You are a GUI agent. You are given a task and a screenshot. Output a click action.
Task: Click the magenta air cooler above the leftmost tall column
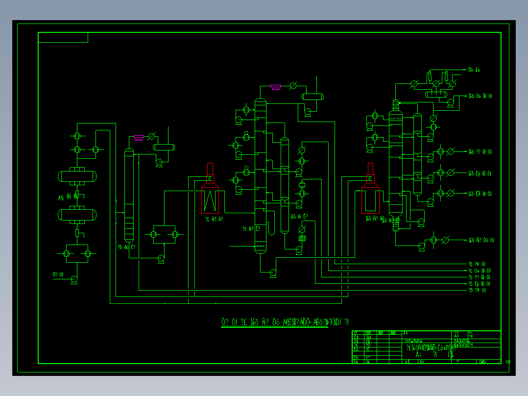(x=139, y=138)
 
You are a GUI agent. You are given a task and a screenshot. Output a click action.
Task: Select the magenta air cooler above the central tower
(x=276, y=88)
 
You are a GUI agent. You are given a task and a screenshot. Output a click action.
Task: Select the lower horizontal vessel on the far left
(x=77, y=214)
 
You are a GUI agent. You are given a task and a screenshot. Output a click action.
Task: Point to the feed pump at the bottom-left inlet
(x=74, y=279)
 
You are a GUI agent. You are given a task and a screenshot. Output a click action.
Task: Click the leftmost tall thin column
(x=129, y=196)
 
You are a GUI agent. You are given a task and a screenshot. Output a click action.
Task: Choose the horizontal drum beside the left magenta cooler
(x=164, y=147)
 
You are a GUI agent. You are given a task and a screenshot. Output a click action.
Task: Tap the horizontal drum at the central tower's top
(x=312, y=97)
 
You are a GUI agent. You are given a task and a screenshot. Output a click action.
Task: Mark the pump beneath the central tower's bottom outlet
(x=273, y=273)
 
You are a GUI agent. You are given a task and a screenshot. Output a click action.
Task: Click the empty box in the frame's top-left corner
(x=63, y=37)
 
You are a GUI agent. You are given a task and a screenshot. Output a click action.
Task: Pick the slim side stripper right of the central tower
(x=285, y=185)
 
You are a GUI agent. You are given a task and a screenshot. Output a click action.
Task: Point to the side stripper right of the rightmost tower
(x=417, y=154)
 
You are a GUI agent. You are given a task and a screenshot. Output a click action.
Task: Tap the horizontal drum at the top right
(x=436, y=94)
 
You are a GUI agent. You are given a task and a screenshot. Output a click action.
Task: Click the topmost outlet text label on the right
(x=474, y=70)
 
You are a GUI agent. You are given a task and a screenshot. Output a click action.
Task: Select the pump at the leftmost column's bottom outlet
(x=161, y=259)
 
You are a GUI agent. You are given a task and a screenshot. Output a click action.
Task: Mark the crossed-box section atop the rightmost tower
(x=395, y=104)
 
